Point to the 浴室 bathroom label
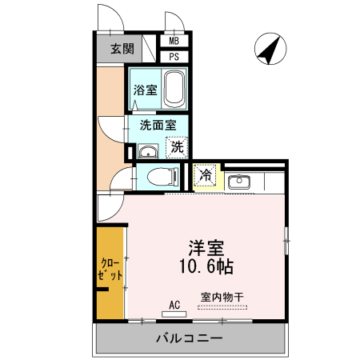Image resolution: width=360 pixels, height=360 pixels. (145, 90)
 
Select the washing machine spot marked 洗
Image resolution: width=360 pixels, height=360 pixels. (177, 146)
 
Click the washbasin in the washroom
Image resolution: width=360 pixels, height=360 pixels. (146, 151)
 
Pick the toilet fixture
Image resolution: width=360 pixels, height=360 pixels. (163, 176)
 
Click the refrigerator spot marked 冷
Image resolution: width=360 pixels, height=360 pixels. (205, 174)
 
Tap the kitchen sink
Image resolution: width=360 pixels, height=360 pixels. (238, 181)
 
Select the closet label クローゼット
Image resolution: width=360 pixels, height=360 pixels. (111, 269)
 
